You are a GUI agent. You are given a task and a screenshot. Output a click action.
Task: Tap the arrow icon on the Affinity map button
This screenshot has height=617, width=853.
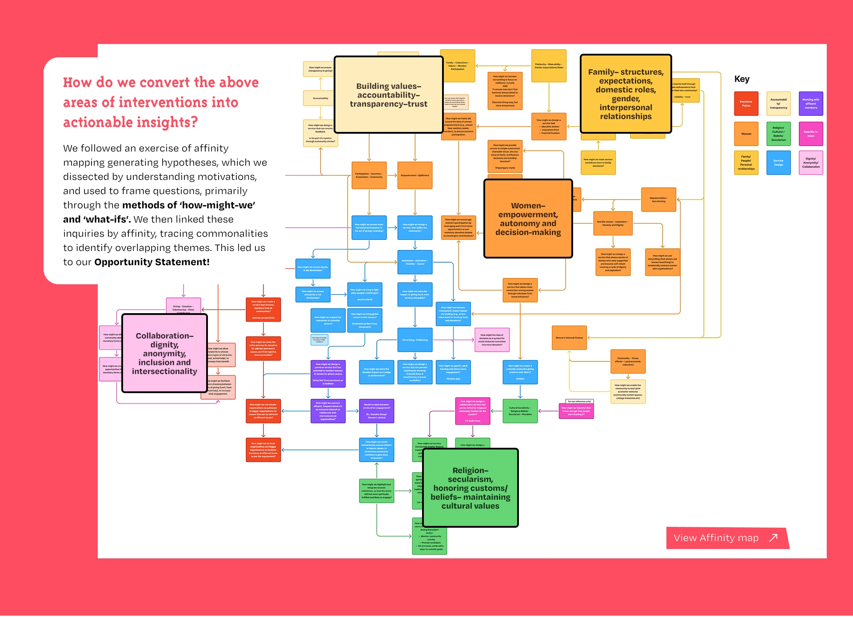pyautogui.click(x=773, y=537)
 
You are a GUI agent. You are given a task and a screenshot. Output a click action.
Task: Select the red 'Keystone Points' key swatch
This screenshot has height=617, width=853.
pyautogui.click(x=746, y=104)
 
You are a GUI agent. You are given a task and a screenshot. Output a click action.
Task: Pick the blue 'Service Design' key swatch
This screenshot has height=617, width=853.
pyautogui.click(x=778, y=163)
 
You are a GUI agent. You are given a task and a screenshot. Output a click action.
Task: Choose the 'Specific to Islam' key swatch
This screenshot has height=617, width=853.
pyautogui.click(x=811, y=134)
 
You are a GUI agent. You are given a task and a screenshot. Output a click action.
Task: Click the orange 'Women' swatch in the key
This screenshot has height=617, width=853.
pyautogui.click(x=746, y=134)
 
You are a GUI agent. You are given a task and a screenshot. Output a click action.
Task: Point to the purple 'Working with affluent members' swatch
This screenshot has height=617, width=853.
pyautogui.click(x=811, y=104)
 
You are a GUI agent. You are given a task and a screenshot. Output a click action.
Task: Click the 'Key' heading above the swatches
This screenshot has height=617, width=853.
pyautogui.click(x=741, y=79)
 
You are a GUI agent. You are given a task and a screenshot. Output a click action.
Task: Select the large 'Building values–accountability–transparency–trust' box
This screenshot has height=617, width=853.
pyautogui.click(x=388, y=95)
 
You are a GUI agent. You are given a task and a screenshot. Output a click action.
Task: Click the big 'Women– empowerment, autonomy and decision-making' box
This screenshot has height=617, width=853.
pyautogui.click(x=528, y=219)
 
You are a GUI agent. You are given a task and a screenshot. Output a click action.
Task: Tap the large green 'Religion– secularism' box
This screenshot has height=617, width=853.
pyautogui.click(x=470, y=488)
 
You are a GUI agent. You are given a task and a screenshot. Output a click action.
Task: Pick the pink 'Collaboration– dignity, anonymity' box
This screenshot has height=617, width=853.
pyautogui.click(x=164, y=353)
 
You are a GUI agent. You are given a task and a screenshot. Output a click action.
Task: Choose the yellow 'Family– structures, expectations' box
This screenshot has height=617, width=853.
pyautogui.click(x=626, y=94)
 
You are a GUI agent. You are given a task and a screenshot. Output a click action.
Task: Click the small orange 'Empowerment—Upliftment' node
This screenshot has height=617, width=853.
pyautogui.click(x=415, y=175)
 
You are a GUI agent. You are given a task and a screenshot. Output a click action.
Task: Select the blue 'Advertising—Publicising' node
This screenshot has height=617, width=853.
pyautogui.click(x=415, y=340)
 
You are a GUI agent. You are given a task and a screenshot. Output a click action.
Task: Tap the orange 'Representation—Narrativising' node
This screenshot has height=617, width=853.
pyautogui.click(x=658, y=199)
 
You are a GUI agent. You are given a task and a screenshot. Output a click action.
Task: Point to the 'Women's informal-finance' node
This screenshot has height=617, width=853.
pyautogui.click(x=569, y=338)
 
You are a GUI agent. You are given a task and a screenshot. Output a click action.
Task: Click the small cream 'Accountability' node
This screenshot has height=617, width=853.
pyautogui.click(x=320, y=98)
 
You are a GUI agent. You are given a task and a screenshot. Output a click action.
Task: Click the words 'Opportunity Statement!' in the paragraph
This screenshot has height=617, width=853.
pyautogui.click(x=151, y=262)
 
